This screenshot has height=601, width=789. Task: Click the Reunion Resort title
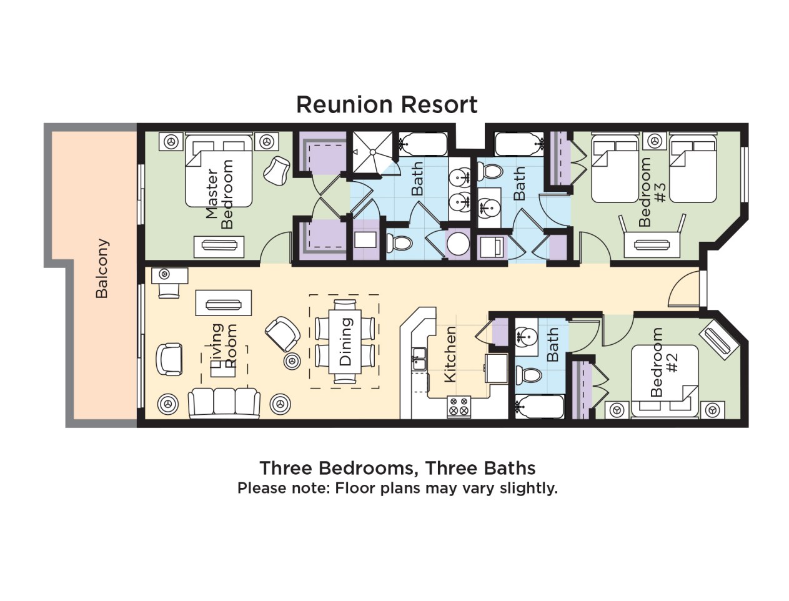387,104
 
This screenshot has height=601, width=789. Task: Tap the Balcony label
102,268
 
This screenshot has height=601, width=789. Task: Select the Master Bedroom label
219,194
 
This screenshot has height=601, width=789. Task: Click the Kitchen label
450,354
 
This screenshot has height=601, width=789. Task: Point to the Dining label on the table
345,342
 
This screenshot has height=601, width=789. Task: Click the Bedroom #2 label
664,362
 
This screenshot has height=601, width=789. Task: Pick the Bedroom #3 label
652,192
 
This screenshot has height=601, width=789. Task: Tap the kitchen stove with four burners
459,407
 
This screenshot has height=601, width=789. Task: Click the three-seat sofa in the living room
224,403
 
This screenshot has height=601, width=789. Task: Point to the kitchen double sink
419,359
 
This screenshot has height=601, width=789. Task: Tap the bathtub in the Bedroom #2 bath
539,407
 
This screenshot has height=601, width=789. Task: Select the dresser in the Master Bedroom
219,246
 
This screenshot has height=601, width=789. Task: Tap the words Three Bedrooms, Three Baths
397,469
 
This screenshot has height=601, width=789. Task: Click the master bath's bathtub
423,144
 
